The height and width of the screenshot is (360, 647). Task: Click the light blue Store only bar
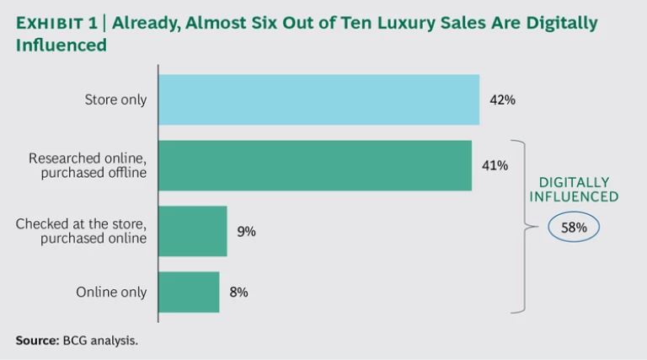click(x=318, y=99)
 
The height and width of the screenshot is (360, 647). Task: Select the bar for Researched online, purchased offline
click(x=314, y=165)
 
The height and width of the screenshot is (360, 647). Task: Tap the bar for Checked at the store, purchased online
click(x=192, y=231)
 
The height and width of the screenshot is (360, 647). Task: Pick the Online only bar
click(x=189, y=293)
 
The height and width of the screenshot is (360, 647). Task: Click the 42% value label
click(x=502, y=99)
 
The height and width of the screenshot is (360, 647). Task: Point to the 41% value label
click(x=495, y=165)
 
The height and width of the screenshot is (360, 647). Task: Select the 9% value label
click(x=246, y=231)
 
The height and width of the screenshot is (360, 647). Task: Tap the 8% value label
click(x=239, y=293)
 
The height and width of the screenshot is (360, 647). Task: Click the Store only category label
click(x=115, y=99)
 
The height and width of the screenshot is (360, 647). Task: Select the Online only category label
click(x=111, y=293)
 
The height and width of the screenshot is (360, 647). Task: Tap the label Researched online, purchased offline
click(x=88, y=165)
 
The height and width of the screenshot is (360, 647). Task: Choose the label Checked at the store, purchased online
click(x=81, y=231)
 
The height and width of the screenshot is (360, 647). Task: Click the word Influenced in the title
click(x=61, y=45)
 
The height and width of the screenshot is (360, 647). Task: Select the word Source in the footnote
click(x=35, y=341)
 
